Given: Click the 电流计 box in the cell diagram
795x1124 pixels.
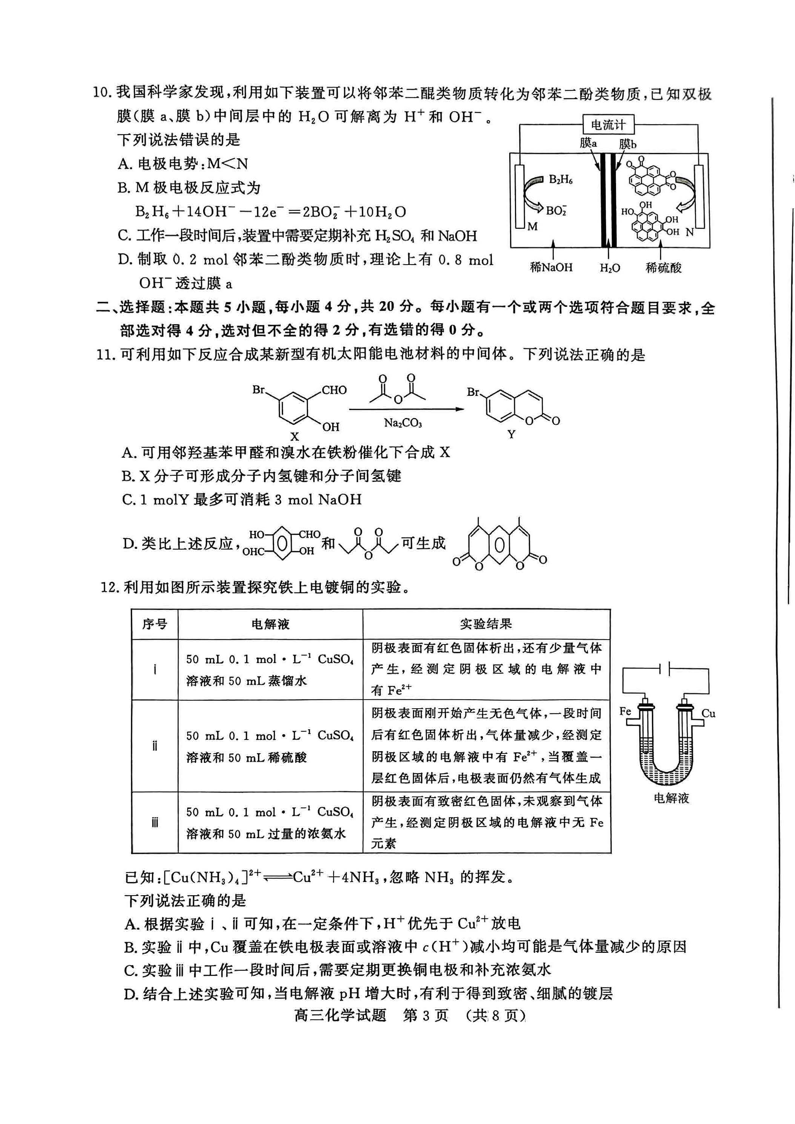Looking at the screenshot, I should point(608,125).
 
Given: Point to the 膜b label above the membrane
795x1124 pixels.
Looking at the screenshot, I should point(627,144).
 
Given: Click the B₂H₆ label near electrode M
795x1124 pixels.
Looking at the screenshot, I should point(561,180).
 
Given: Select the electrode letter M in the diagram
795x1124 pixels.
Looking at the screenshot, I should point(532,226).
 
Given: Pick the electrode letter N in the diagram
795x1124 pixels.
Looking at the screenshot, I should point(690,232).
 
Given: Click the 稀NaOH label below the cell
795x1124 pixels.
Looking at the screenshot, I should point(551,267).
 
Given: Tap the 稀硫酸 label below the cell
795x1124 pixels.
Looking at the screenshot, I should point(663,268).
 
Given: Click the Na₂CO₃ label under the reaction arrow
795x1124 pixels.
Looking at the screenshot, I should point(403,423).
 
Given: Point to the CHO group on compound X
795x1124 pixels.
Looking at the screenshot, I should point(334,390).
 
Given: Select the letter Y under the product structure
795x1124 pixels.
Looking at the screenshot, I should point(511,434).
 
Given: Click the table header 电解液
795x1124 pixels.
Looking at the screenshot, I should point(270,624).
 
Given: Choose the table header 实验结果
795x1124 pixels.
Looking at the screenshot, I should point(486,624).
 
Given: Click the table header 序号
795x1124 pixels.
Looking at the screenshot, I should point(155,624).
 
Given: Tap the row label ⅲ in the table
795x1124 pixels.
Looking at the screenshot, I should point(155,822).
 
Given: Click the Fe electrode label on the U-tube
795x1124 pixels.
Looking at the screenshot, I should point(625,711).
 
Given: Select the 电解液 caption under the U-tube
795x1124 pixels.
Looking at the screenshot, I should point(671,798).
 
